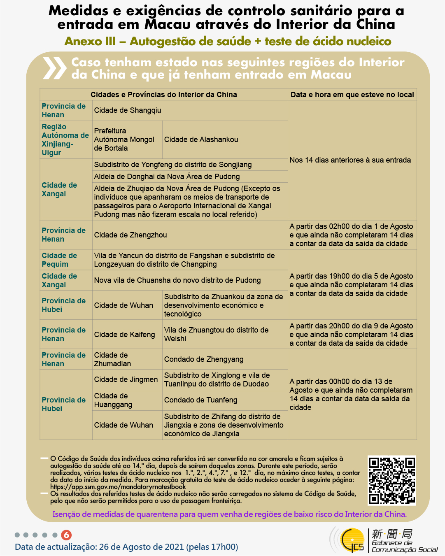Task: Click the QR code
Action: click(391, 480)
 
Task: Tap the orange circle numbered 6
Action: click(66, 535)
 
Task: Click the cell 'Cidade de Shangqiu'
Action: click(128, 110)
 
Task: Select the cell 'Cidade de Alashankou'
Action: click(201, 140)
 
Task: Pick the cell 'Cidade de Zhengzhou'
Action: click(130, 235)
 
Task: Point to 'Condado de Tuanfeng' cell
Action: click(200, 400)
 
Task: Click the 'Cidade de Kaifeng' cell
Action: click(124, 335)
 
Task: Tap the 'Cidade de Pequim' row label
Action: click(59, 260)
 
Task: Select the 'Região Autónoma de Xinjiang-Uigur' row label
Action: click(65, 140)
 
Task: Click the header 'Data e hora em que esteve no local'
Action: click(352, 95)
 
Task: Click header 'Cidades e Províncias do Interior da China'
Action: click(163, 95)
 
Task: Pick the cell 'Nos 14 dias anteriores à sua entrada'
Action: click(350, 160)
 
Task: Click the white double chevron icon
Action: click(54, 68)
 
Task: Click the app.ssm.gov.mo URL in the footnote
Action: click(118, 487)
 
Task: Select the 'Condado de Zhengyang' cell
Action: click(204, 359)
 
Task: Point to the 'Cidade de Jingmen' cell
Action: click(126, 379)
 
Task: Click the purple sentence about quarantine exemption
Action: click(229, 514)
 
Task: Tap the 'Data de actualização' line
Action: click(126, 547)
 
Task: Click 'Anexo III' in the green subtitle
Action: click(90, 42)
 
